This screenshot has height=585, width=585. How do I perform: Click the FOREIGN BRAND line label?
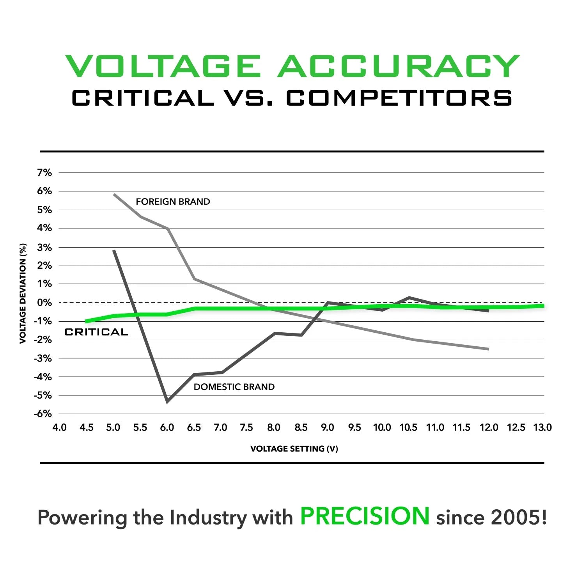(173, 202)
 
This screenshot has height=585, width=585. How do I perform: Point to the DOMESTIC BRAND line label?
(234, 387)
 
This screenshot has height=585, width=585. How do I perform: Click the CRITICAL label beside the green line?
(96, 332)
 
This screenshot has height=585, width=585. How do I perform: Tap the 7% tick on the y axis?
(44, 172)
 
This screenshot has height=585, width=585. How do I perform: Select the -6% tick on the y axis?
(43, 414)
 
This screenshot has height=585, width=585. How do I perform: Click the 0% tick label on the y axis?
(44, 303)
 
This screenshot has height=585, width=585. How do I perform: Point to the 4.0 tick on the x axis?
(59, 428)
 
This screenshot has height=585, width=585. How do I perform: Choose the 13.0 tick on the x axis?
(542, 428)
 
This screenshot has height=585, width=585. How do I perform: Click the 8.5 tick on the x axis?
(301, 428)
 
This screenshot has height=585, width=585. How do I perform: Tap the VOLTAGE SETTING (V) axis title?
(294, 449)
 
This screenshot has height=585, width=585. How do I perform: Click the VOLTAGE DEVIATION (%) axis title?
(23, 293)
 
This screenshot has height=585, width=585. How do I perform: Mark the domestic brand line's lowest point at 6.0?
(167, 401)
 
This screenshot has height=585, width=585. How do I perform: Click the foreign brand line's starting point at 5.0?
(114, 194)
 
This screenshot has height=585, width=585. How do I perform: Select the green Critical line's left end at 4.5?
(86, 321)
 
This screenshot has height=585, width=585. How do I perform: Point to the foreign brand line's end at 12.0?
(488, 349)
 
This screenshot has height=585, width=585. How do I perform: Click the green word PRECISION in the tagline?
(365, 516)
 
